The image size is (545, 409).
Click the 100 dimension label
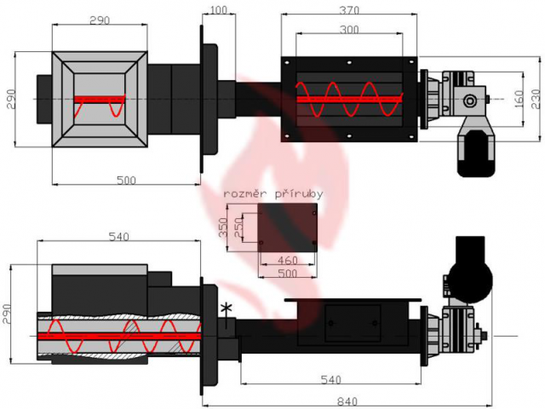(x=219, y=9)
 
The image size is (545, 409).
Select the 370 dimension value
(x=349, y=10)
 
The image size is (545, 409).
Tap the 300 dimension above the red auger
(x=349, y=30)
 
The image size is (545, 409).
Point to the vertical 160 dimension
(x=519, y=99)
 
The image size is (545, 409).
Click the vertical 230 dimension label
(x=536, y=99)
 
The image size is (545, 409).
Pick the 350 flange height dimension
(x=223, y=228)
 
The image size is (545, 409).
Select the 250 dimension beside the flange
(x=238, y=228)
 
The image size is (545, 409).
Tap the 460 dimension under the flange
(x=288, y=260)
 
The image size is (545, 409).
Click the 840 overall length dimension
(x=347, y=401)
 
